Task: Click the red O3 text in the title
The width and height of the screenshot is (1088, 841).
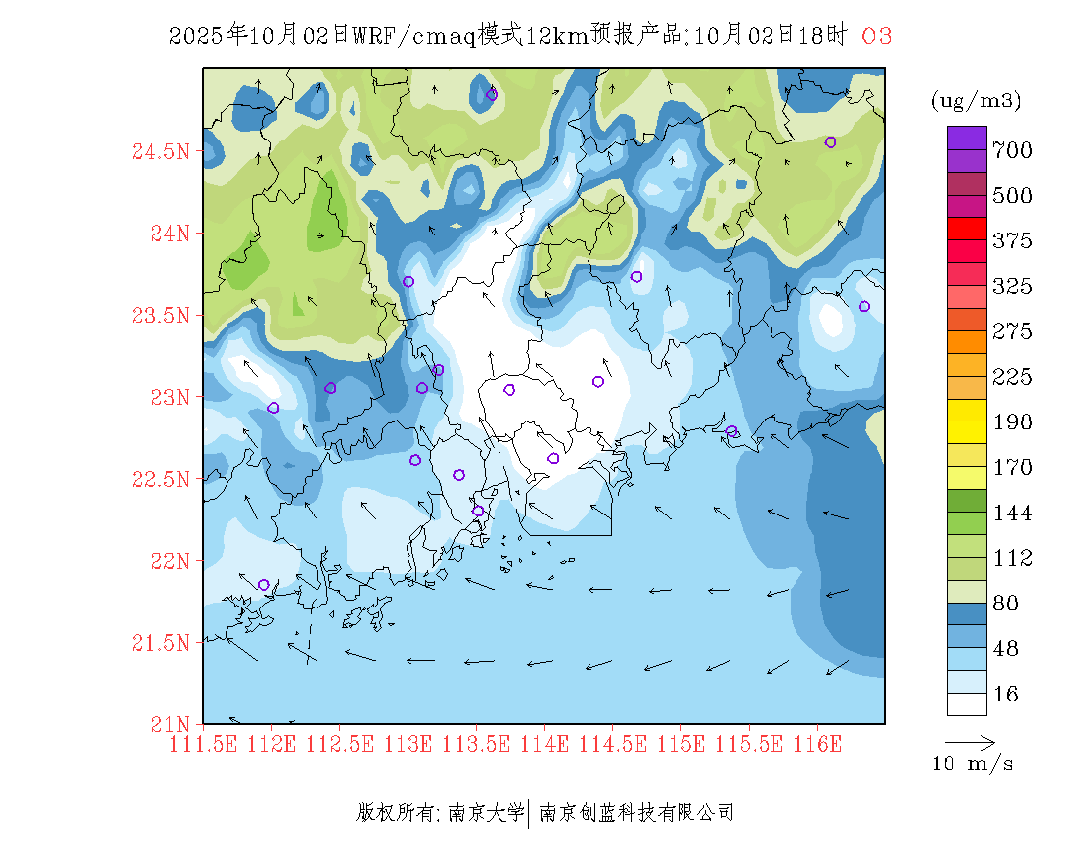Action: [876, 36]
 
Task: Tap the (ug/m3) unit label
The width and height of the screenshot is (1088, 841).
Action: [975, 100]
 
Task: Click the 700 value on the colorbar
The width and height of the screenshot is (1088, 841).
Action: [1012, 150]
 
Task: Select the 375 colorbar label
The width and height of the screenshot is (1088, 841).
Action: [1012, 241]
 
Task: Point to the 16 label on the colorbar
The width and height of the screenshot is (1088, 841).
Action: [1005, 695]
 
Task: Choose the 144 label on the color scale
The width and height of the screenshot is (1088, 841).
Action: [1012, 514]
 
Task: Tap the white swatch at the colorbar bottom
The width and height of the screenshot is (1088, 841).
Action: [966, 703]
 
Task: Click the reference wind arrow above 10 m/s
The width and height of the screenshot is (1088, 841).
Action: [969, 741]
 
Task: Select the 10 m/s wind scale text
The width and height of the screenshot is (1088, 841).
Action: [973, 764]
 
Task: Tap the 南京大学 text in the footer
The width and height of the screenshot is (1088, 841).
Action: [486, 813]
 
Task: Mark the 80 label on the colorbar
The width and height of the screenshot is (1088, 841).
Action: [1005, 604]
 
